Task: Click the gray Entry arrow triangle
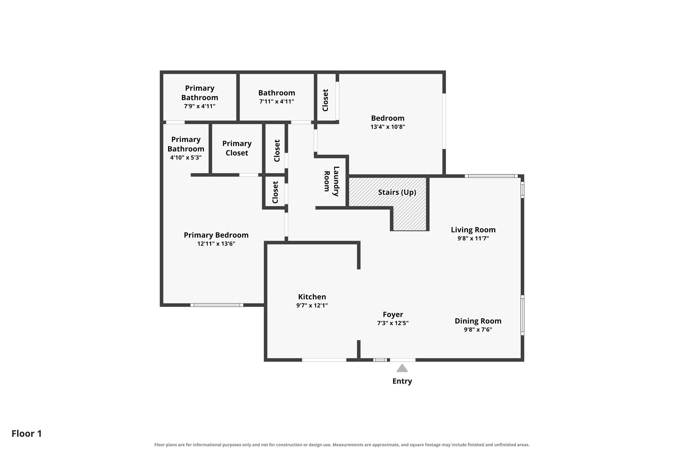[402, 368]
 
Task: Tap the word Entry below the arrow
[402, 381]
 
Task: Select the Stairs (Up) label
[397, 192]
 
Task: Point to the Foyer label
[393, 315]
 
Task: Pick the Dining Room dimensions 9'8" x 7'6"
[478, 329]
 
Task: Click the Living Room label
[473, 230]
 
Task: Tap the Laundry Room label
[332, 181]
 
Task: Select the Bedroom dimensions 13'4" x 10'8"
[388, 127]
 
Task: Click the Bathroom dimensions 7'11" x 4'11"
[277, 101]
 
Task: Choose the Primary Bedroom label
[216, 235]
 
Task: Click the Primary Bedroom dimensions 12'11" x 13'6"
[216, 244]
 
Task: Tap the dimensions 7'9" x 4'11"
[199, 106]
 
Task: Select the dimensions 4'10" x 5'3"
[186, 158]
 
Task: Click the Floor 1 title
[26, 434]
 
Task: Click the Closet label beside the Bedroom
[325, 100]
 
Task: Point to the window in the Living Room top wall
[491, 176]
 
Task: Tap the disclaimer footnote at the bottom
[342, 445]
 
